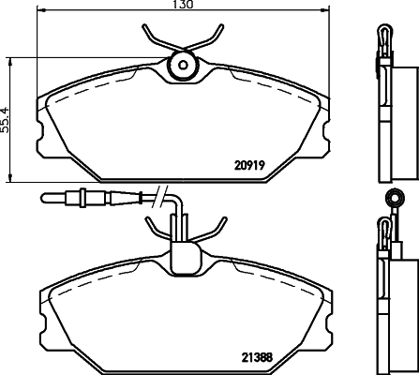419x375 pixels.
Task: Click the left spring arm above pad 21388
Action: (153, 228)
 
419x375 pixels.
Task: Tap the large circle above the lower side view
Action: (394, 199)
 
